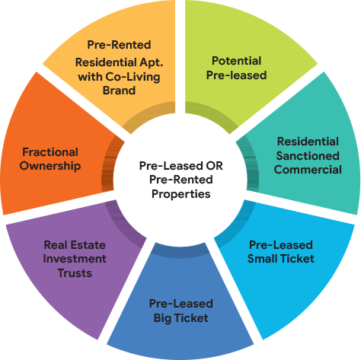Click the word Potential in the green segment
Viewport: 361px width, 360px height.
(236, 61)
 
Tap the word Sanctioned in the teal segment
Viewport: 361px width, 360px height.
(308, 156)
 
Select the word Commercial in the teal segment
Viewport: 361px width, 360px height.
(308, 170)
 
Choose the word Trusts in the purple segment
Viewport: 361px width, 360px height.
(75, 273)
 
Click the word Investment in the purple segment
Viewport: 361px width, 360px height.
(75, 259)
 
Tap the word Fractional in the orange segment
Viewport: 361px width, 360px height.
(50, 152)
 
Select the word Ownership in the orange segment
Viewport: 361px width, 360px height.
(50, 166)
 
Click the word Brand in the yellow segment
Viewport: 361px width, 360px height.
(119, 91)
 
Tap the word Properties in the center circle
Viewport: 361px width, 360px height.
(181, 194)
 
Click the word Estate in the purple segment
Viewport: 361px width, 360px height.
(88, 245)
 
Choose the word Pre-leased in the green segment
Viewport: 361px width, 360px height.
(236, 75)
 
